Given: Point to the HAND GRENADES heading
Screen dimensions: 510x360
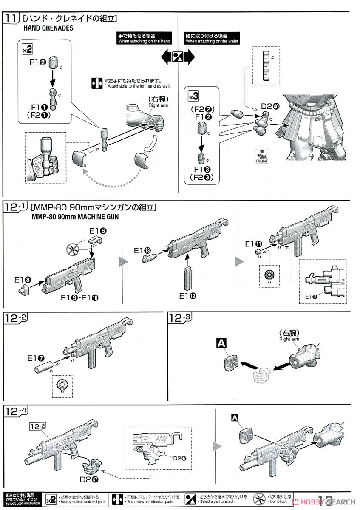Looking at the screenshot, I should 51,28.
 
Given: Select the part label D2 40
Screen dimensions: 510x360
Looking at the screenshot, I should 270,106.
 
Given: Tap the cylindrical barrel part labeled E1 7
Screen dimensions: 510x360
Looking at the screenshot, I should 43,366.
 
